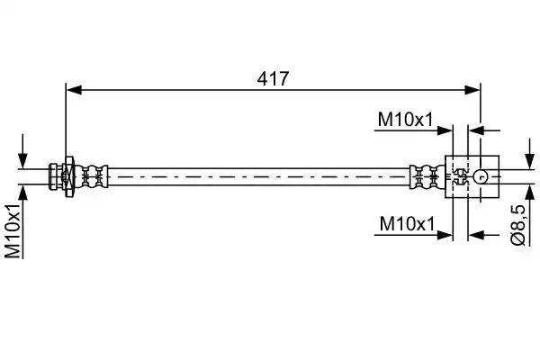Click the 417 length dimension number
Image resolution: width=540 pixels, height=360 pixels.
click(273, 79)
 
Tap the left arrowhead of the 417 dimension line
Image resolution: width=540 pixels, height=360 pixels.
click(74, 90)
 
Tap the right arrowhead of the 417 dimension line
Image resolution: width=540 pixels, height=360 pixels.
click(472, 90)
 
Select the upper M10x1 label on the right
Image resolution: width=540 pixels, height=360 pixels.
click(405, 120)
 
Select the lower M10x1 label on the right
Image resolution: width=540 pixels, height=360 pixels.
click(407, 223)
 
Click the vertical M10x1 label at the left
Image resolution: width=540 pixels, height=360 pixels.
click(13, 230)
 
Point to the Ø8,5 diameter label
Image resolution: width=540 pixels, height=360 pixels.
click(517, 225)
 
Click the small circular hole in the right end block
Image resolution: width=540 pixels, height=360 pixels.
click(481, 176)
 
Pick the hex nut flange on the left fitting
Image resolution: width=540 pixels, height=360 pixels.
click(69, 176)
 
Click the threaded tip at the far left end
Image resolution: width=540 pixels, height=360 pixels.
click(55, 176)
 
